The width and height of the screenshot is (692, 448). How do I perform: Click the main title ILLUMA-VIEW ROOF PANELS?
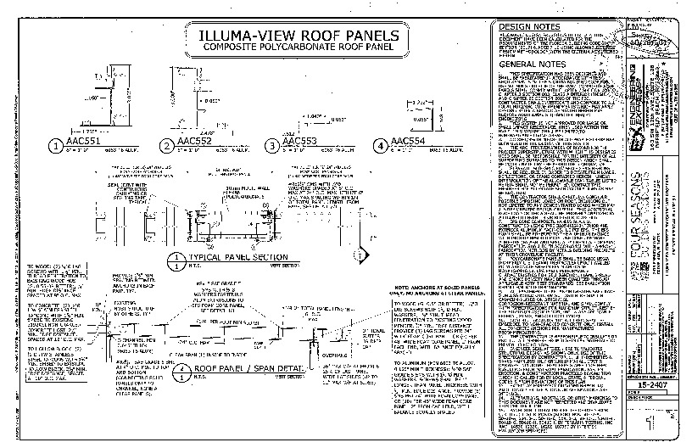(293, 36)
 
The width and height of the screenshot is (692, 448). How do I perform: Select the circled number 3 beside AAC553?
(271, 145)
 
